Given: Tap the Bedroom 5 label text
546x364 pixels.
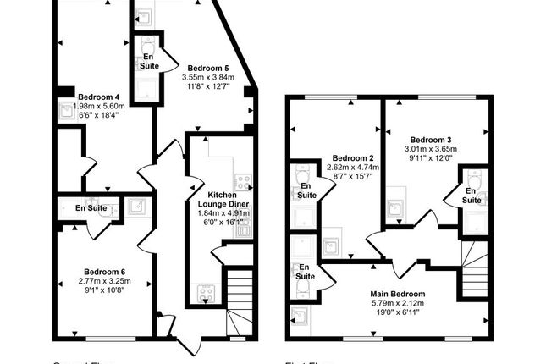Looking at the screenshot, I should pyautogui.click(x=208, y=68).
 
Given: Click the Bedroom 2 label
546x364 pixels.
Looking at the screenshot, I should pyautogui.click(x=353, y=157).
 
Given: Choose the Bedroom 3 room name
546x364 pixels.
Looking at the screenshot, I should pyautogui.click(x=431, y=140).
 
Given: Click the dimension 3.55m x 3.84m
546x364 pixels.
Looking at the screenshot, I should pyautogui.click(x=208, y=77).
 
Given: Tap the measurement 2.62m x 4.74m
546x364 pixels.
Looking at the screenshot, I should pyautogui.click(x=353, y=168).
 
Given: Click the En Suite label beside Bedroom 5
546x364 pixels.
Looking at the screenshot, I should pyautogui.click(x=149, y=61).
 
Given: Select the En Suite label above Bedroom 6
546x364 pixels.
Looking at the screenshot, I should pyautogui.click(x=91, y=207).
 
